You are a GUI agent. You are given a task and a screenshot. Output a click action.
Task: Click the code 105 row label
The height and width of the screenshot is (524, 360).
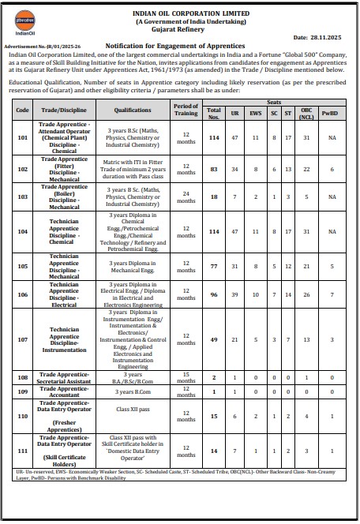22,266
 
